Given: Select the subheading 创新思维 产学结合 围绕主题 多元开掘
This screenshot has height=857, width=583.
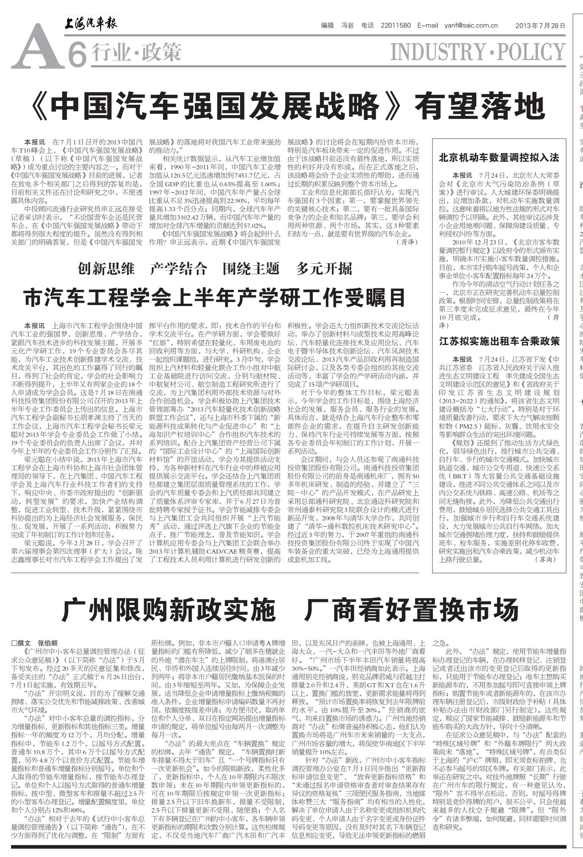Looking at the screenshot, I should [x=215, y=269].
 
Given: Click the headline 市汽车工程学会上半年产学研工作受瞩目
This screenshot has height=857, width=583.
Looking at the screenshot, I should [x=215, y=298].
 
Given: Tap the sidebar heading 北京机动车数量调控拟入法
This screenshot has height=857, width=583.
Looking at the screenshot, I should [x=499, y=158].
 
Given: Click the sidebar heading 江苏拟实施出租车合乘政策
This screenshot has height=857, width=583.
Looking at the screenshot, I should [x=499, y=342].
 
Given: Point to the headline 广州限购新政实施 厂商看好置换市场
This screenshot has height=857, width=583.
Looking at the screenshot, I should [x=290, y=609].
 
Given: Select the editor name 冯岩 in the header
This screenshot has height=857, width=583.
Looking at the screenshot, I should [x=347, y=26].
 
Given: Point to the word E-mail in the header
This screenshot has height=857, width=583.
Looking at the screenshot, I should [x=428, y=26].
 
